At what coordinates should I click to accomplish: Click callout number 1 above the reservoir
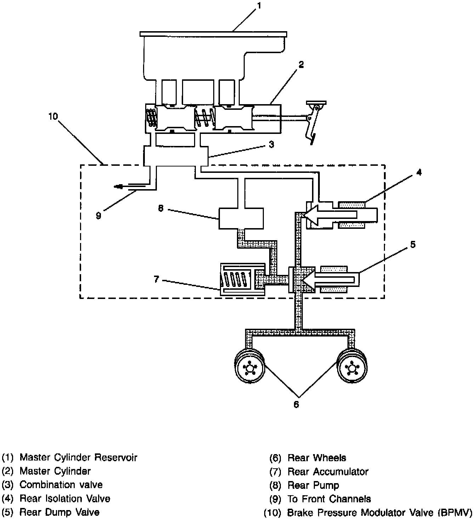259,6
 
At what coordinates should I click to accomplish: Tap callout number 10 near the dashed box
53,116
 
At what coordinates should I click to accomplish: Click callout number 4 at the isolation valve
419,173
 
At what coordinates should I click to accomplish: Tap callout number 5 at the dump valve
413,244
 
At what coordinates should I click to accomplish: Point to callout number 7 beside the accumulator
157,279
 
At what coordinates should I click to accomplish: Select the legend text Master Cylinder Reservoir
78,457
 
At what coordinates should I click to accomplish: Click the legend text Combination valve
61,485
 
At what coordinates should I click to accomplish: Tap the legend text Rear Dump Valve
59,512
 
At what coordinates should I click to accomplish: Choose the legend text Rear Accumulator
328,471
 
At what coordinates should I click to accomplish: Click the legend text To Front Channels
329,499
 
